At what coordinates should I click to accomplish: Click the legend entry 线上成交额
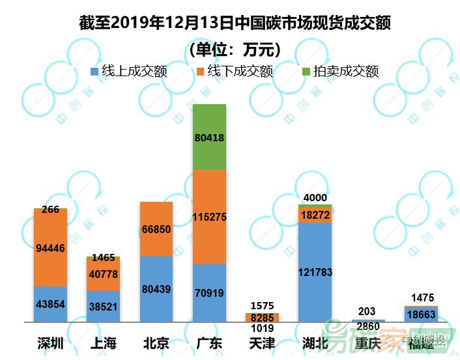tap(128, 71)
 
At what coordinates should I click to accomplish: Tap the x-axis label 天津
tap(262, 343)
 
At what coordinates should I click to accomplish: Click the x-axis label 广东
tap(209, 343)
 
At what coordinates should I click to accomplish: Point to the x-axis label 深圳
tap(50, 343)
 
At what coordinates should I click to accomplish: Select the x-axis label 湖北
tap(315, 343)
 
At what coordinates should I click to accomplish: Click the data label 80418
tap(209, 137)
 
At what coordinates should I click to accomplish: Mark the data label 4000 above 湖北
tap(315, 198)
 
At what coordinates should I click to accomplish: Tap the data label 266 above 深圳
tap(50, 210)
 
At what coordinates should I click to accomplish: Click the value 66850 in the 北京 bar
tap(156, 229)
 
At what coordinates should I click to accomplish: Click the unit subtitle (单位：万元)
tap(235, 49)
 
